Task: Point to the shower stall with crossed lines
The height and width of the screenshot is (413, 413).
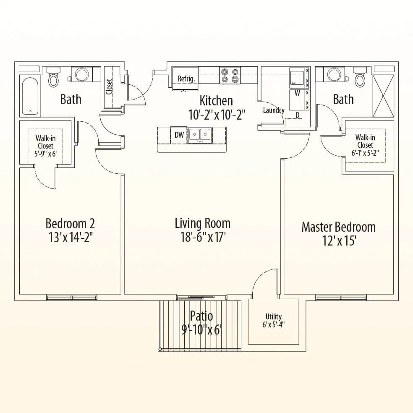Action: coord(384,96)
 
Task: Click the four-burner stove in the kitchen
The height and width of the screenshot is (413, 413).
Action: coord(230,76)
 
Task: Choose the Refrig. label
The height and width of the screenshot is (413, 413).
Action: coord(186,78)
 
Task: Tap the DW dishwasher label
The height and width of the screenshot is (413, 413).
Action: coord(179,135)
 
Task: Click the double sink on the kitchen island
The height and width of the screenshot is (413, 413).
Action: coord(200,136)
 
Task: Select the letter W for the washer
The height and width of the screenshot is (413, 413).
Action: coord(298,93)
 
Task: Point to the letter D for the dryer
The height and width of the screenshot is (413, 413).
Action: coord(298,115)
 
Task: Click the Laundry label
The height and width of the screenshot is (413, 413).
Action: coord(274,110)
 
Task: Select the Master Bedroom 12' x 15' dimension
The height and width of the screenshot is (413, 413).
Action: coord(340,240)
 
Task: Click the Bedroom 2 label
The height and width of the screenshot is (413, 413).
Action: coord(70,223)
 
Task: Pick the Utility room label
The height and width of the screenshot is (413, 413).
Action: coord(273,316)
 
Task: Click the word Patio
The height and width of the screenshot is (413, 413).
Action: coord(201,316)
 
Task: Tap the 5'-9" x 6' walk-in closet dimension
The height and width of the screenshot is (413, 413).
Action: coord(46,154)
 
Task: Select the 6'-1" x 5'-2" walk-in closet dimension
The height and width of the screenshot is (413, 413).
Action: coord(365,153)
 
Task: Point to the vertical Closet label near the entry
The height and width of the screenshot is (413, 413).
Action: coord(109,86)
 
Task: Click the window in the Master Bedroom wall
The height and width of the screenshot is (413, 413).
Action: coord(341,298)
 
